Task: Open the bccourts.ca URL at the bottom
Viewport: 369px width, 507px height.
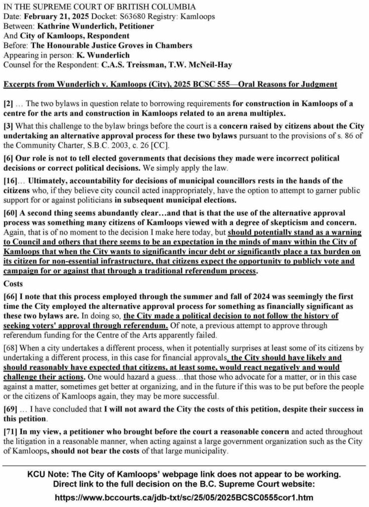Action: coord(184,496)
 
